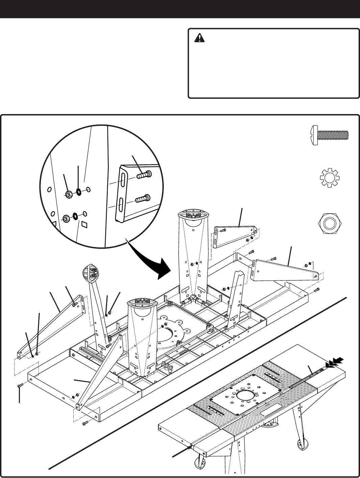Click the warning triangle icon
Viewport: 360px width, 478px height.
pos(200,38)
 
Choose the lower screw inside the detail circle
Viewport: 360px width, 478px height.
pos(142,199)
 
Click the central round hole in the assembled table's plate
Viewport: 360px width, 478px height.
pos(247,395)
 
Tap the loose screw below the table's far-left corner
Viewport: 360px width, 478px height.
pos(20,385)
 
